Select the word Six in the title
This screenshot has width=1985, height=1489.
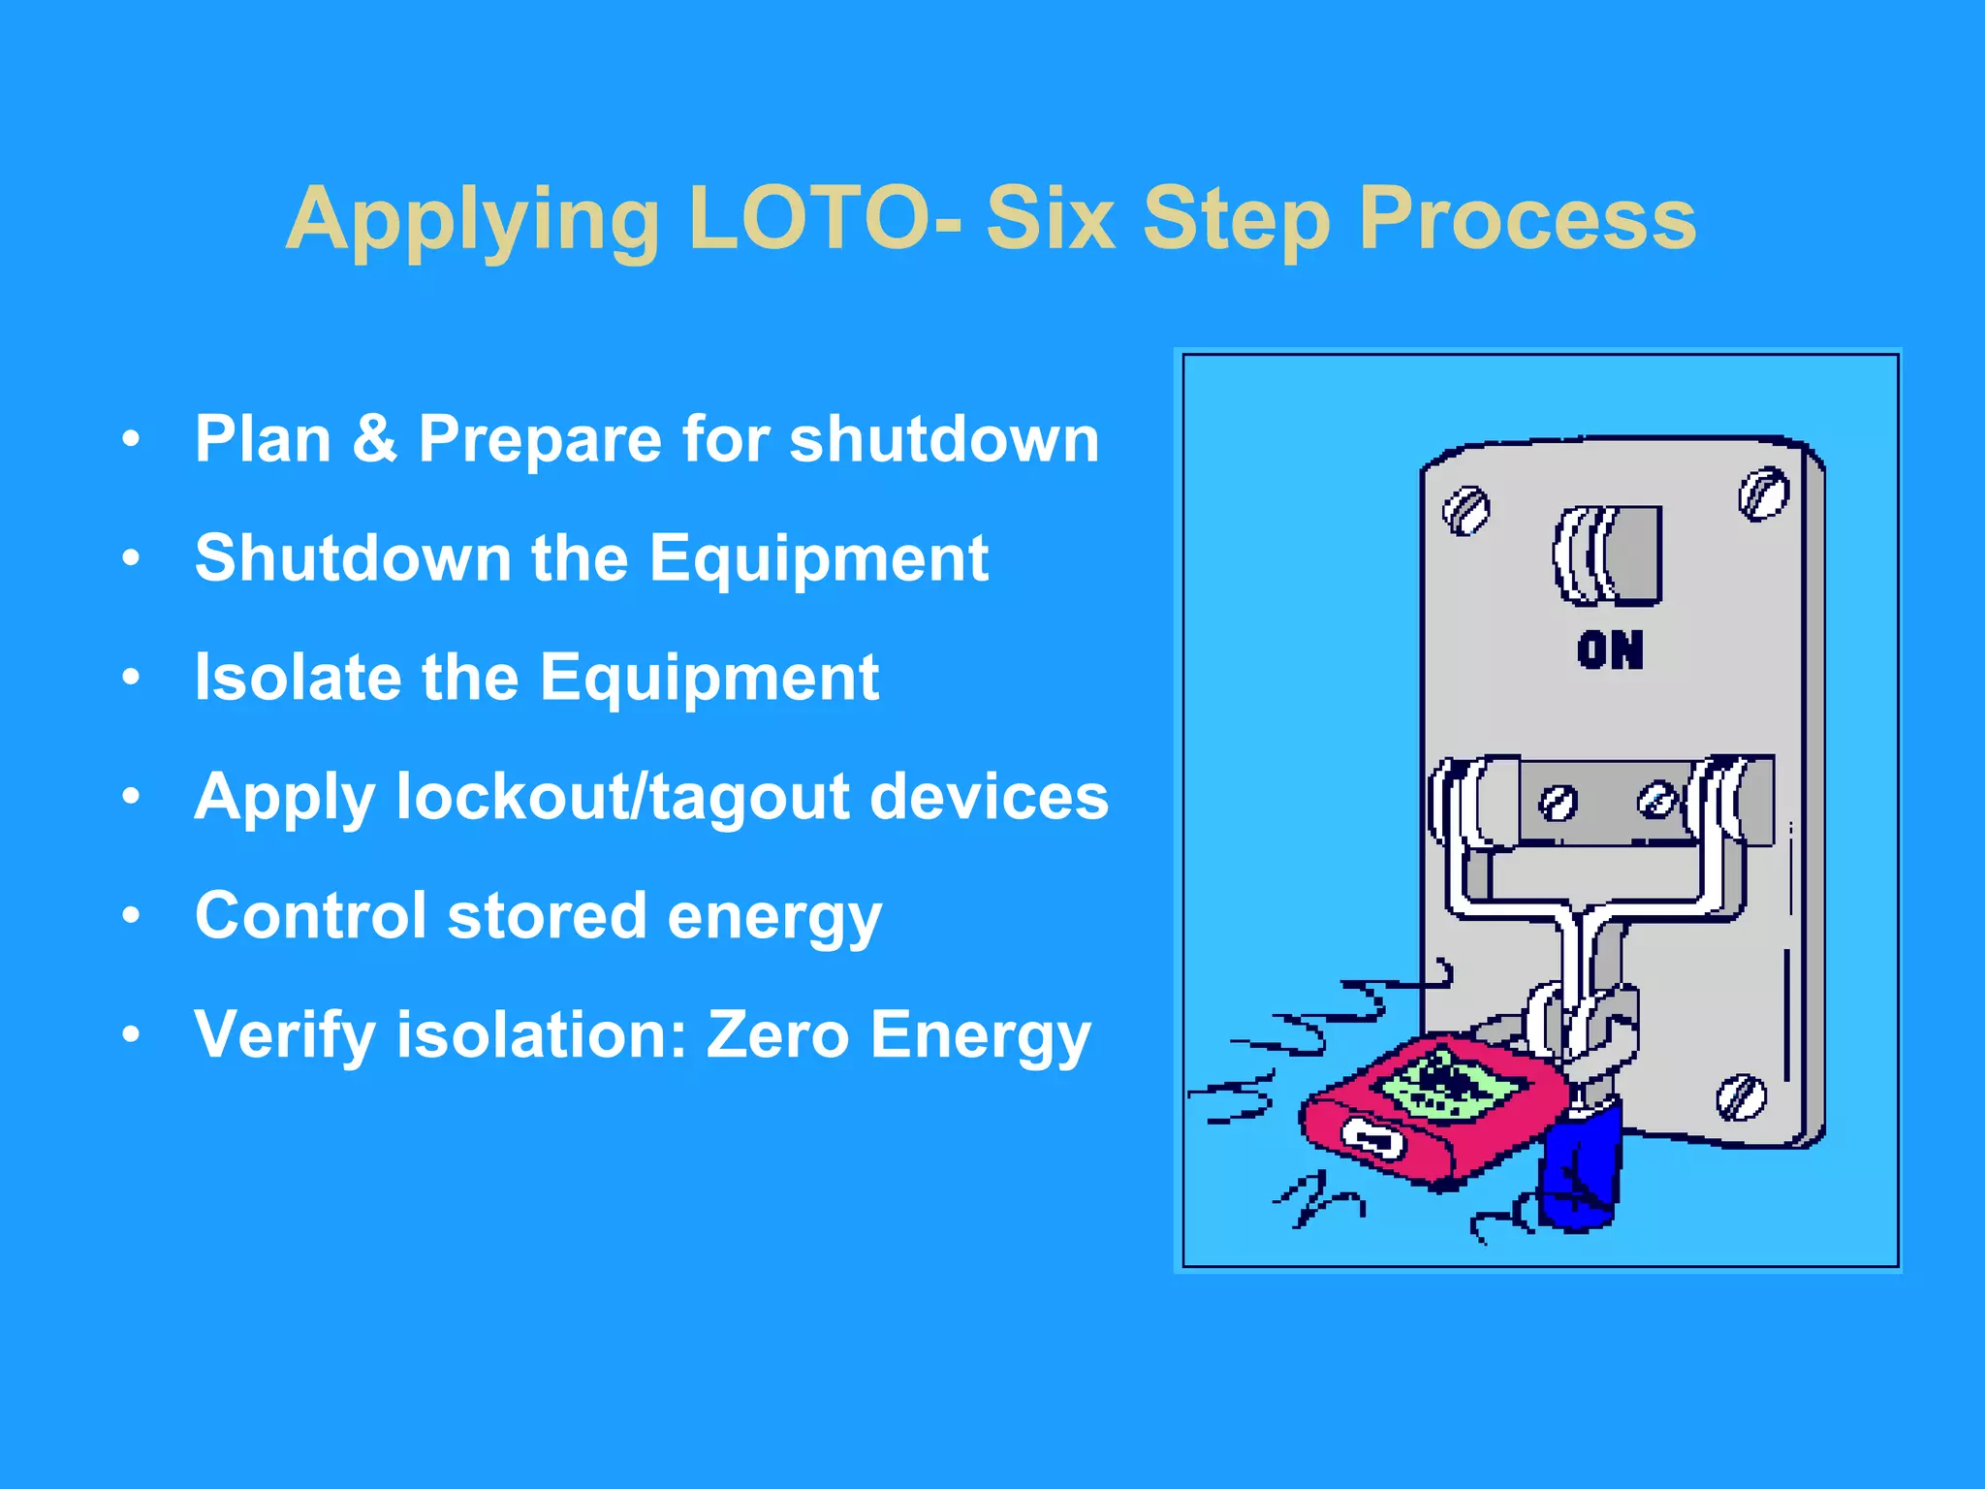click(x=1050, y=219)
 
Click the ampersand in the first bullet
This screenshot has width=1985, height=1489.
click(x=374, y=438)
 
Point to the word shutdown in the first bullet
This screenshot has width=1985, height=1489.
click(x=944, y=438)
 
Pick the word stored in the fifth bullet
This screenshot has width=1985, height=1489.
click(x=546, y=915)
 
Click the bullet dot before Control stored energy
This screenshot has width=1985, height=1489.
click(x=131, y=915)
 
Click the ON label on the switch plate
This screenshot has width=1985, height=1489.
click(x=1610, y=649)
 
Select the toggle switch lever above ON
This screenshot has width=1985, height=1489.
click(x=1610, y=556)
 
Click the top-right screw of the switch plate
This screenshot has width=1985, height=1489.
click(x=1763, y=494)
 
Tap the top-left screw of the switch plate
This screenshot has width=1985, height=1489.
click(x=1466, y=510)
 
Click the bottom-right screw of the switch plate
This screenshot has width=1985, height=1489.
click(x=1741, y=1096)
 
